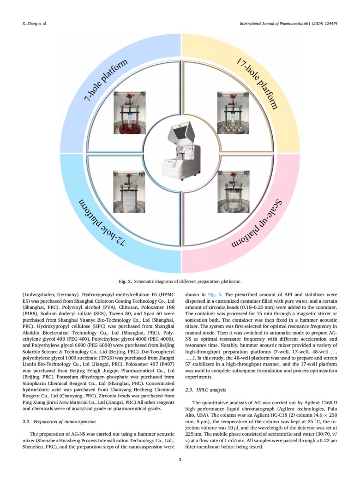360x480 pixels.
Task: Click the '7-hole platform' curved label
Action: point(106,83)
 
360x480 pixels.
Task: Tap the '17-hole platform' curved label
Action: point(257,83)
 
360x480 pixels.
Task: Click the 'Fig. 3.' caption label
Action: point(126,281)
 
